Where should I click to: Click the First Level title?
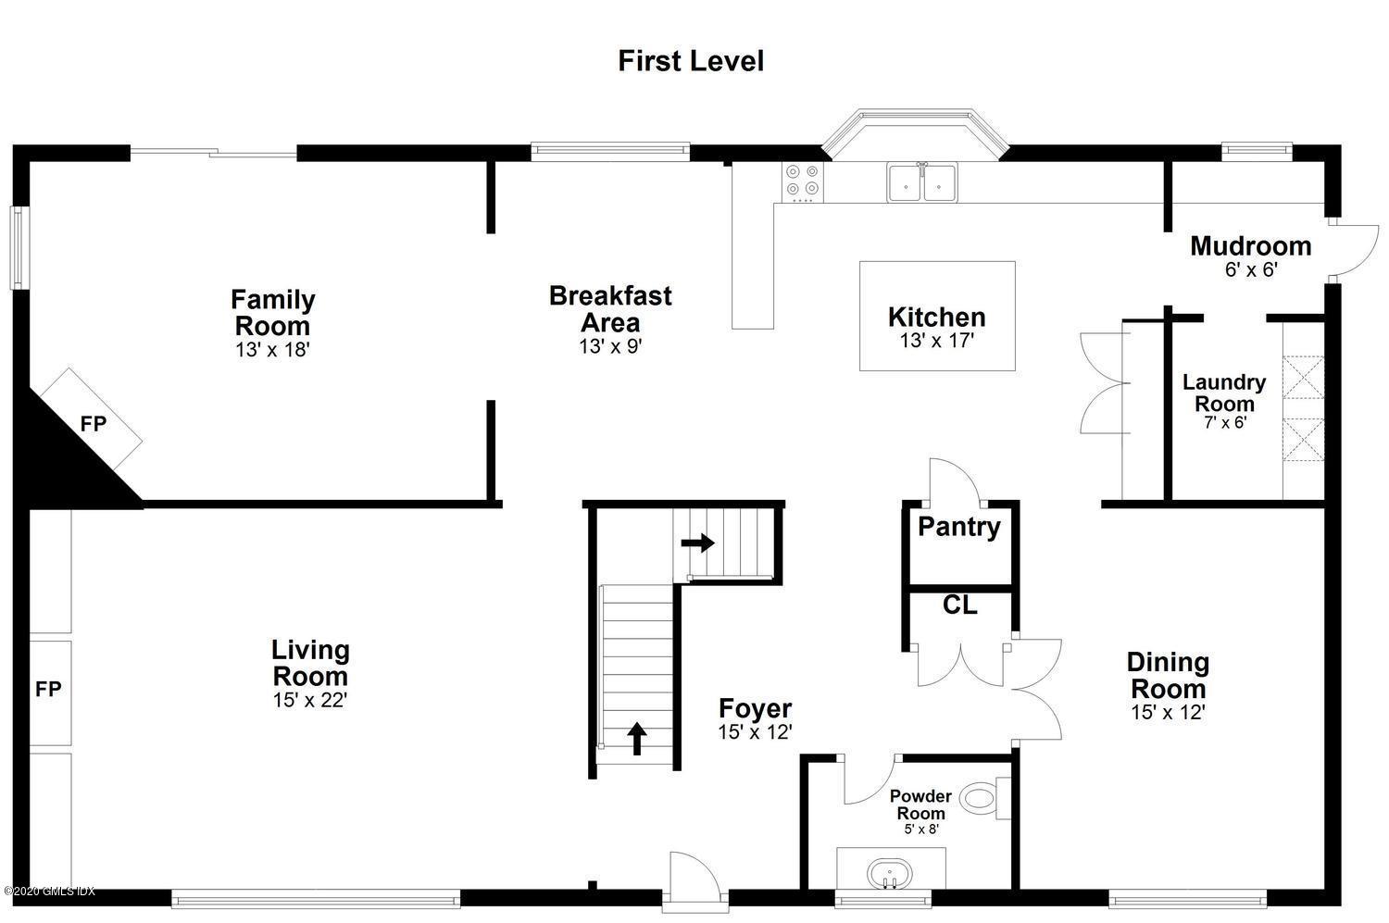[691, 61]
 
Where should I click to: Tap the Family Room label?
[273, 312]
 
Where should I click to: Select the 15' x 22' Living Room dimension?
[310, 700]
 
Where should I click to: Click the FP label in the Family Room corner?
[94, 424]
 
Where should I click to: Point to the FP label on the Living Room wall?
[48, 689]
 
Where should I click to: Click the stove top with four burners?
[803, 182]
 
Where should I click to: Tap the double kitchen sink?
[922, 182]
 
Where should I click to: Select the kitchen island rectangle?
[937, 316]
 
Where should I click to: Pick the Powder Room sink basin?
[890, 875]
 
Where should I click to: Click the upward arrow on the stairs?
[637, 738]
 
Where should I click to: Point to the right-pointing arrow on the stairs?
[697, 543]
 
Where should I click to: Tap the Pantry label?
[959, 528]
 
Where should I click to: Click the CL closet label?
[960, 605]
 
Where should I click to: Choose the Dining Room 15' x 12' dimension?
[1168, 712]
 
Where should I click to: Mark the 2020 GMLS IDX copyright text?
[50, 892]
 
